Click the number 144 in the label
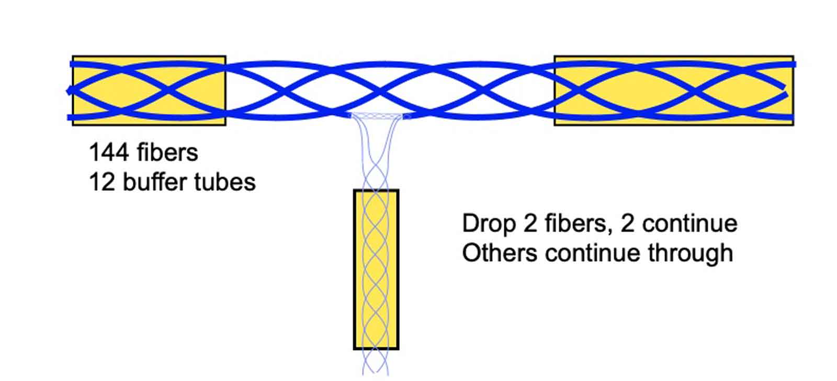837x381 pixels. click(x=109, y=153)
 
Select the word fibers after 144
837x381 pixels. click(x=167, y=153)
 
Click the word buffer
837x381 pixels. click(x=155, y=182)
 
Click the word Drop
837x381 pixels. click(x=488, y=224)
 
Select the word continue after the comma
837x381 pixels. click(x=689, y=224)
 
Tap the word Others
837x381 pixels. click(x=500, y=253)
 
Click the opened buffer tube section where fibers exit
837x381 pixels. click(x=377, y=116)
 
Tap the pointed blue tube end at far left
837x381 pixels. click(x=69, y=91)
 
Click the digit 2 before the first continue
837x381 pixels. click(x=627, y=224)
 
